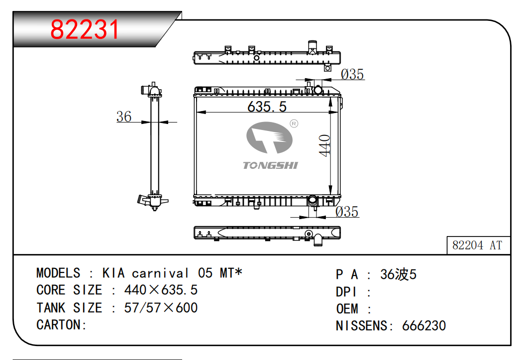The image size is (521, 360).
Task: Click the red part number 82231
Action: coord(85,29)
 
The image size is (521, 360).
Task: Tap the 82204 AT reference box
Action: coord(478,245)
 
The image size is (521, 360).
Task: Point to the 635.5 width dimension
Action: coord(267,107)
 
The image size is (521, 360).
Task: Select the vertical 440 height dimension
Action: coord(324,145)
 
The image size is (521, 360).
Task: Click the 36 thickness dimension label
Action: coord(124,117)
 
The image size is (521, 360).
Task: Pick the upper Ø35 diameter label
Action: coord(352,74)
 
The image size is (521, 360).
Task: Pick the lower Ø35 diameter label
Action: coord(347,212)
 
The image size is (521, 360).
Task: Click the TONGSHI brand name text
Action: coord(270,165)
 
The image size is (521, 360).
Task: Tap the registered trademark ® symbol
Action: coord(294,123)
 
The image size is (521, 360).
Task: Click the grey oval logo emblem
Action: coord(269,137)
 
